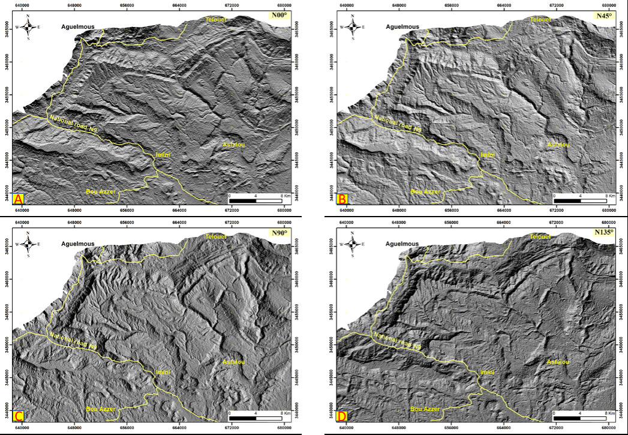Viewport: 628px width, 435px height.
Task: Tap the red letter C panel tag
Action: pyautogui.click(x=17, y=415)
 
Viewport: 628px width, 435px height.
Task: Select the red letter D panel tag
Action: pyautogui.click(x=342, y=415)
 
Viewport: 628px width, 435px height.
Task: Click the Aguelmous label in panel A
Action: pyautogui.click(x=77, y=27)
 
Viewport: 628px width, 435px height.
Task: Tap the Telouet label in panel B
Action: pyautogui.click(x=540, y=20)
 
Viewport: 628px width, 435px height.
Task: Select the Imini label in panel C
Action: pyautogui.click(x=163, y=372)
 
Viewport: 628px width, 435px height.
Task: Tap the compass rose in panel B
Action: pyautogui.click(x=353, y=27)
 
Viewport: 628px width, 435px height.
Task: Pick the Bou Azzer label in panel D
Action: pyautogui.click(x=425, y=409)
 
